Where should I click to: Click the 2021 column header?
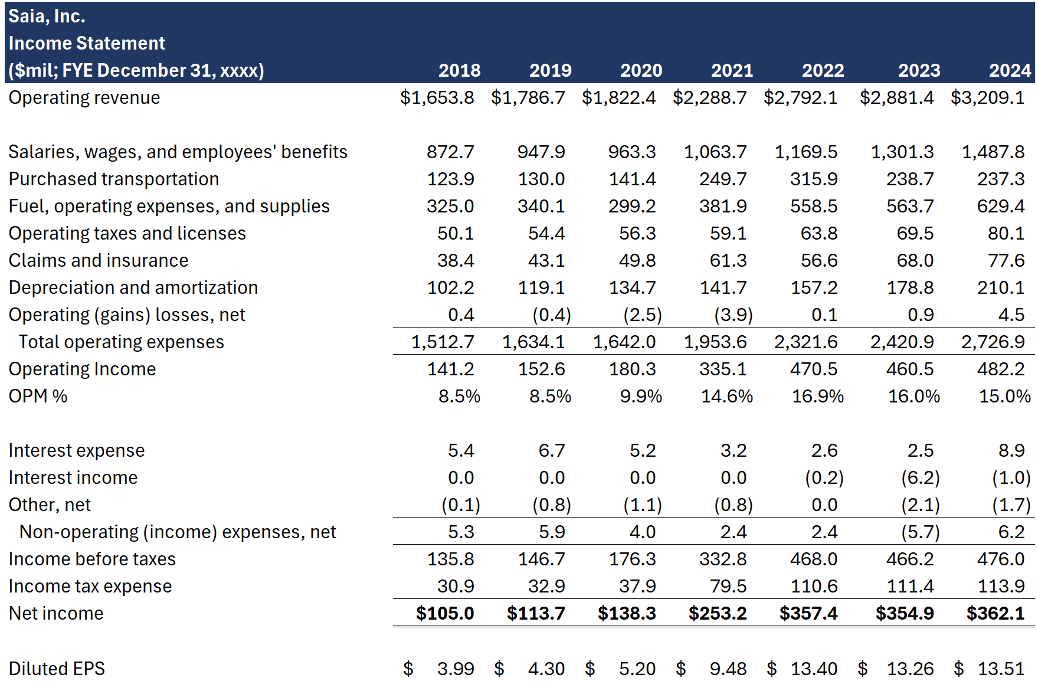[x=732, y=70]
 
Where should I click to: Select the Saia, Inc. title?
[x=47, y=16]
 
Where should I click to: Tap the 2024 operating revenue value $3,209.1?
[x=987, y=97]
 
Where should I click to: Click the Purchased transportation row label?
[x=113, y=179]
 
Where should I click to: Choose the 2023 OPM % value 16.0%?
[x=913, y=396]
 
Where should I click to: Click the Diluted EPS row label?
[x=57, y=669]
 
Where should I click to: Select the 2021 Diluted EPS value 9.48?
[x=728, y=669]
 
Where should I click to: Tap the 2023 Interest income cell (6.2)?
[x=920, y=477]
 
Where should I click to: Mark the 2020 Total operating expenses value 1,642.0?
[x=624, y=342]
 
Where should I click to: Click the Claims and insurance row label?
[x=99, y=260]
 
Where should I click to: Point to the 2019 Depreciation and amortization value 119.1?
[x=541, y=287]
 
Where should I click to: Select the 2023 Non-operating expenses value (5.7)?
[x=920, y=532]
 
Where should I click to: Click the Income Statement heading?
[x=87, y=43]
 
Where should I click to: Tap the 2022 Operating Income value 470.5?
[x=813, y=369]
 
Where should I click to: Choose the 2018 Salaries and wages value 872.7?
[x=450, y=152]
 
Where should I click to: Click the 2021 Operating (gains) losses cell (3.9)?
[x=733, y=315]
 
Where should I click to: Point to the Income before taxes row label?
[x=92, y=559]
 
